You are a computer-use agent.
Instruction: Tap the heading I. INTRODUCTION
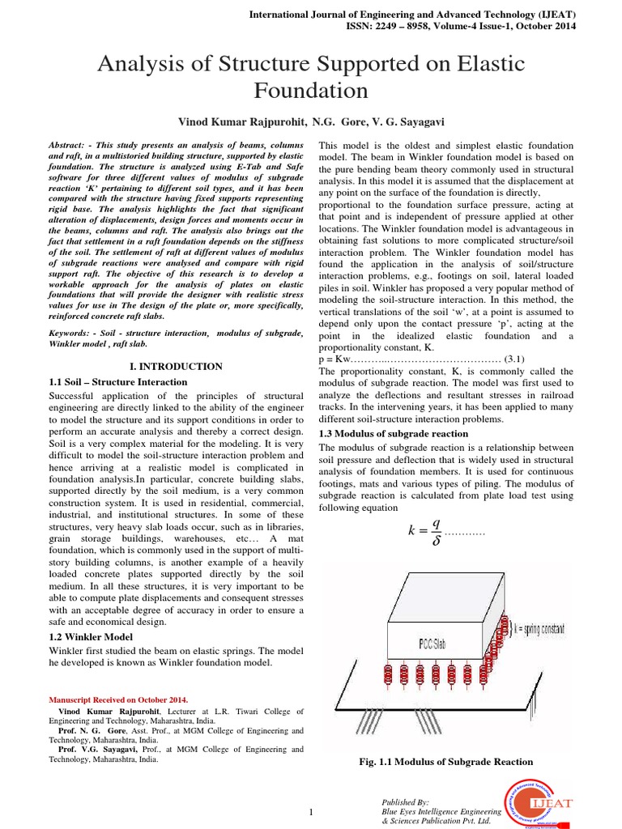[x=177, y=366]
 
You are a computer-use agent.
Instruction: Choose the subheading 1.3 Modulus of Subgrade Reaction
[x=394, y=433]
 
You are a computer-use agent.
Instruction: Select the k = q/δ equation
[x=424, y=531]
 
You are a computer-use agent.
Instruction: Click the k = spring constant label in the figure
[x=551, y=628]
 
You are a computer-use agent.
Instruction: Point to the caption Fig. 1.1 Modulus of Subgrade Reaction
[x=446, y=762]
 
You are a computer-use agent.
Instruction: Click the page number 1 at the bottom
[x=310, y=812]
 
